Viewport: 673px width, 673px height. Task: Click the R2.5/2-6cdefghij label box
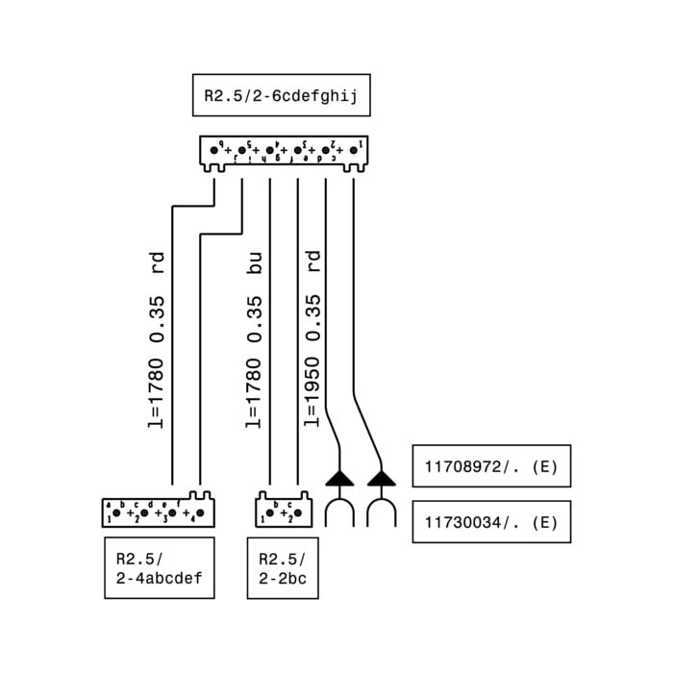point(281,96)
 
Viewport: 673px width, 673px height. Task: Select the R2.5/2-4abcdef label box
point(159,568)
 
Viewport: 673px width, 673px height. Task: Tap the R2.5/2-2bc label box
point(283,568)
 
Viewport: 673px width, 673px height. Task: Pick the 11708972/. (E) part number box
point(491,466)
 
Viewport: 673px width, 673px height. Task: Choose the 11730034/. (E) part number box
point(491,522)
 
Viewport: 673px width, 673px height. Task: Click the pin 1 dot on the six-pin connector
point(353,150)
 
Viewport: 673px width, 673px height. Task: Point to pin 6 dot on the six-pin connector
point(214,150)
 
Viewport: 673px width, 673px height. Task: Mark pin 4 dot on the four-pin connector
point(200,513)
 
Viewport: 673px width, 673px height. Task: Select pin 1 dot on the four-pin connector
point(116,513)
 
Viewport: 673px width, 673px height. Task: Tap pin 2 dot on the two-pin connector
point(297,513)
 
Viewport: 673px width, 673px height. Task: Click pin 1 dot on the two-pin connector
point(270,513)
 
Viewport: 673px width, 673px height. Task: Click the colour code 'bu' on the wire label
point(254,263)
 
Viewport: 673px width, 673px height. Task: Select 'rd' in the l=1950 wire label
point(312,261)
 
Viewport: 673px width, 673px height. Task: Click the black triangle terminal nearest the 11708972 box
point(382,477)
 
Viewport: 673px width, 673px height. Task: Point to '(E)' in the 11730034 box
point(543,522)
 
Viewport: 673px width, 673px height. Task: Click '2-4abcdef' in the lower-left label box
point(159,579)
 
